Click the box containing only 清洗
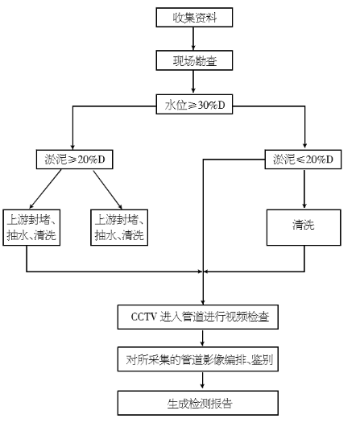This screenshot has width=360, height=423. tap(304, 226)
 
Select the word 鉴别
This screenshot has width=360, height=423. tap(262, 359)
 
